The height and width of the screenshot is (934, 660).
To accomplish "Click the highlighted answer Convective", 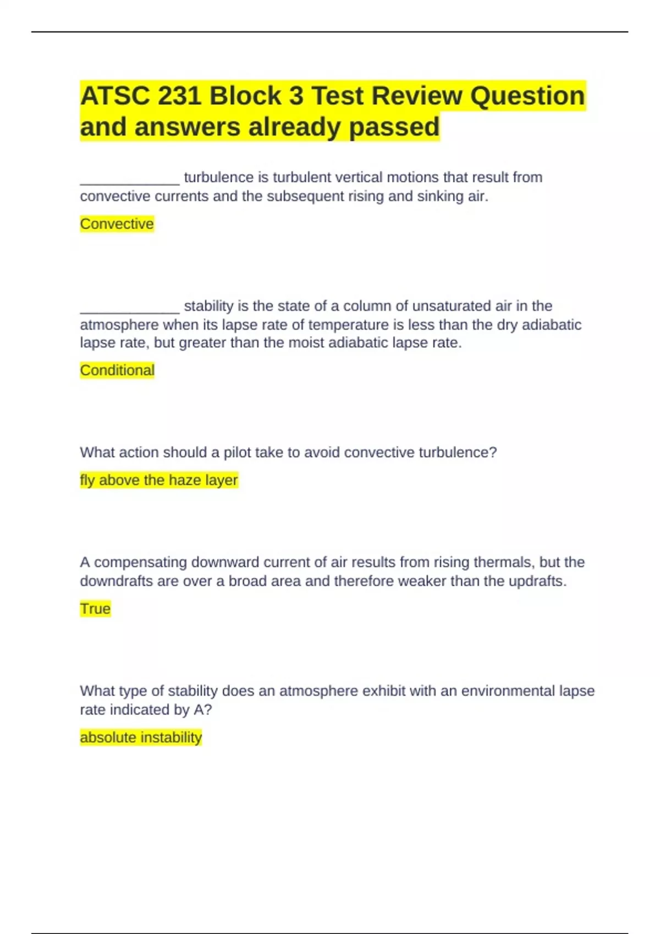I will [117, 224].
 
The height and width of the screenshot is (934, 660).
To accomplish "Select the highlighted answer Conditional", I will [117, 370].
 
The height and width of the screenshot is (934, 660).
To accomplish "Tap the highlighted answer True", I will [95, 609].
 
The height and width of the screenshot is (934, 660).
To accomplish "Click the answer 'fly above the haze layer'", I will [158, 480].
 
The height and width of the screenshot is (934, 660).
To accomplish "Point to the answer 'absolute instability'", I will [141, 737].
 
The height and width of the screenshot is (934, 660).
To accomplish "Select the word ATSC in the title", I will [115, 96].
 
